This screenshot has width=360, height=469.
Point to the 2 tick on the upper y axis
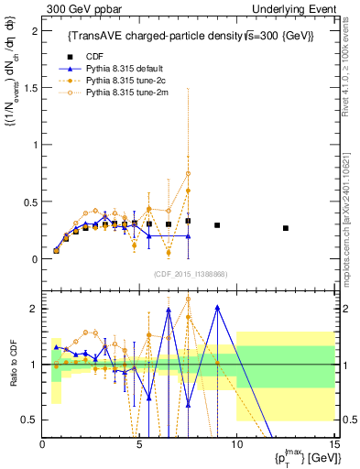34,30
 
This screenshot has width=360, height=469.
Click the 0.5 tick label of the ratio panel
30,420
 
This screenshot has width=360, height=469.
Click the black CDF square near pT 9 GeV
217,225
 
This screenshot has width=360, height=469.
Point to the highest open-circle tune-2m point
188,173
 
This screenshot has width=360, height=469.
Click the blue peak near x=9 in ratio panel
217,308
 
